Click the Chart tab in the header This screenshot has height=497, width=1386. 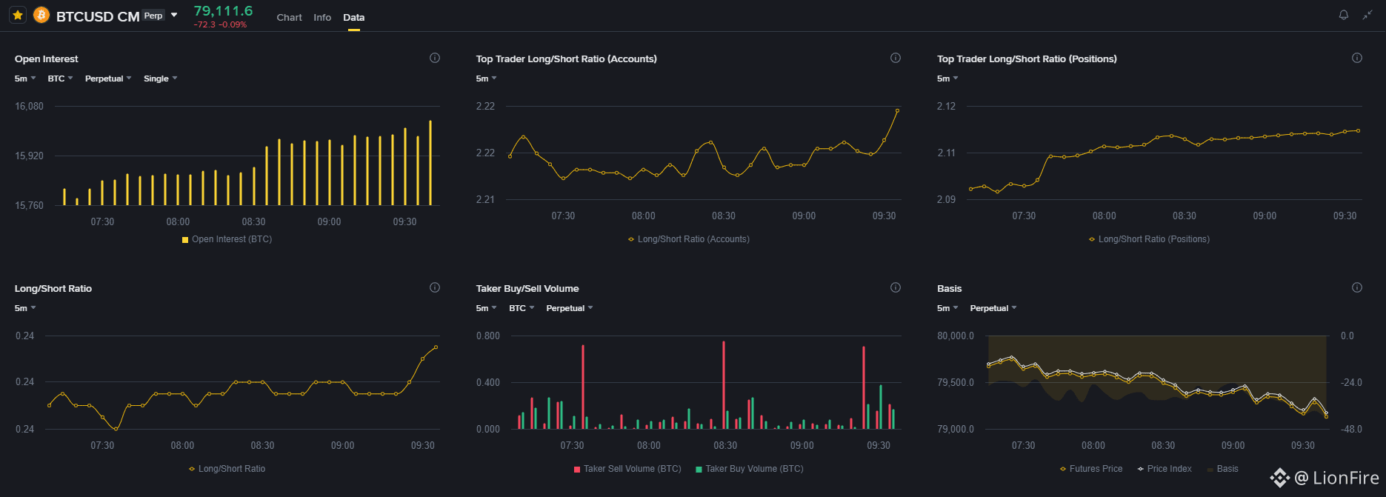(289, 17)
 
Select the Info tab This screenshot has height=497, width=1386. (322, 17)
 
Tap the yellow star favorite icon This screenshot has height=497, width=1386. (18, 15)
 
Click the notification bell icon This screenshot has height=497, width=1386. (1343, 15)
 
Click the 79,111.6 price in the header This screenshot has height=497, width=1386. (223, 10)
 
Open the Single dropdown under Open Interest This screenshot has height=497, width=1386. (160, 79)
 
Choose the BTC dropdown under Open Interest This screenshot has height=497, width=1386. (60, 79)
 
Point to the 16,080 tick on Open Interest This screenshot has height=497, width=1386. (29, 106)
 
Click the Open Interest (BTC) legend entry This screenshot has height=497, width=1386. (227, 239)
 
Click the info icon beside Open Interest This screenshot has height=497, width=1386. (435, 58)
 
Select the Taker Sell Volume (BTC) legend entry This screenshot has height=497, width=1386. (627, 469)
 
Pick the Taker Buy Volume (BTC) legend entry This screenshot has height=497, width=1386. (750, 469)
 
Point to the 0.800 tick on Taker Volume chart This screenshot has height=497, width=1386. (488, 336)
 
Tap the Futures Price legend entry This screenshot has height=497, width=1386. (1091, 469)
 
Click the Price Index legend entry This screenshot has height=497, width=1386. (1165, 469)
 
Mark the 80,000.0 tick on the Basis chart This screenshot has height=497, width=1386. (956, 336)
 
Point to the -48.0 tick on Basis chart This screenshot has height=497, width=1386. (1351, 429)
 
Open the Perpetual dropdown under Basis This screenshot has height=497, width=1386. (993, 308)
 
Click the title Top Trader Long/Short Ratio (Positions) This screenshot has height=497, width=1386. (1027, 59)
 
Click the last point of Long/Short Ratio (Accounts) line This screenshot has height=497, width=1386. (897, 110)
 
